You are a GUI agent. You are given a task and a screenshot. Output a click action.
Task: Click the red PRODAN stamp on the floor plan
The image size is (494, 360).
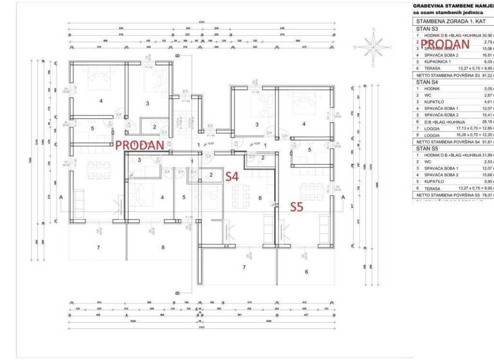pos(140,145)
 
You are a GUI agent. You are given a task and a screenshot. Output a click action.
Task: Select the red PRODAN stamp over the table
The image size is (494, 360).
pos(446,44)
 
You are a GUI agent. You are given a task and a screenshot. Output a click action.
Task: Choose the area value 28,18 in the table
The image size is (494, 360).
pos(486,122)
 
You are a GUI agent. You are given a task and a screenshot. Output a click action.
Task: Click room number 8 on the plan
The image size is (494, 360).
pos(163,247)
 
